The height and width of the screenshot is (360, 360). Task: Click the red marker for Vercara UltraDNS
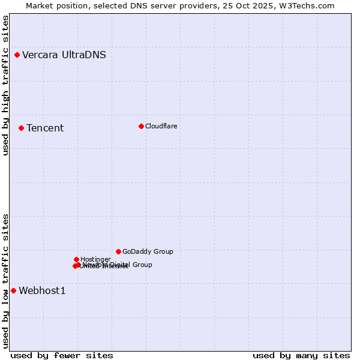click(x=17, y=55)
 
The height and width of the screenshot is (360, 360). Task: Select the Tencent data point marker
click(x=21, y=128)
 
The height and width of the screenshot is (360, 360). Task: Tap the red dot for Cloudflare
click(x=141, y=126)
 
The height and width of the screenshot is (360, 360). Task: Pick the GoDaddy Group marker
click(x=118, y=251)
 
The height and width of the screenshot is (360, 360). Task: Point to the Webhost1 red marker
click(x=13, y=290)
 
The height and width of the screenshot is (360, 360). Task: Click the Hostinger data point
click(x=76, y=259)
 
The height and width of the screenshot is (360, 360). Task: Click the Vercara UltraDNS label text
click(x=64, y=55)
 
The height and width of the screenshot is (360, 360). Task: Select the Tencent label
click(x=45, y=128)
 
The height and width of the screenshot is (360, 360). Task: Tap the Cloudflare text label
click(x=161, y=126)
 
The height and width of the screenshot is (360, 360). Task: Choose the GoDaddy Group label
click(x=148, y=252)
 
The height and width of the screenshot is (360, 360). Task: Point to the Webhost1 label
click(x=42, y=291)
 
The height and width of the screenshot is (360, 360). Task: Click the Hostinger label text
click(x=95, y=259)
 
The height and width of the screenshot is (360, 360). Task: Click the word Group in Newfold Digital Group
click(x=142, y=265)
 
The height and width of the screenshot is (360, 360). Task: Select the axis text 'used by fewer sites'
click(x=62, y=356)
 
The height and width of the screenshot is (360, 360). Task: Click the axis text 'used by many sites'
click(x=301, y=356)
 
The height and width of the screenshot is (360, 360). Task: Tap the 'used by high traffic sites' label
click(x=5, y=86)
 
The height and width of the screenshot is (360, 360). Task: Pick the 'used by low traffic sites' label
click(x=5, y=281)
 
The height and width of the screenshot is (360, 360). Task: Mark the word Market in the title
click(x=40, y=5)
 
